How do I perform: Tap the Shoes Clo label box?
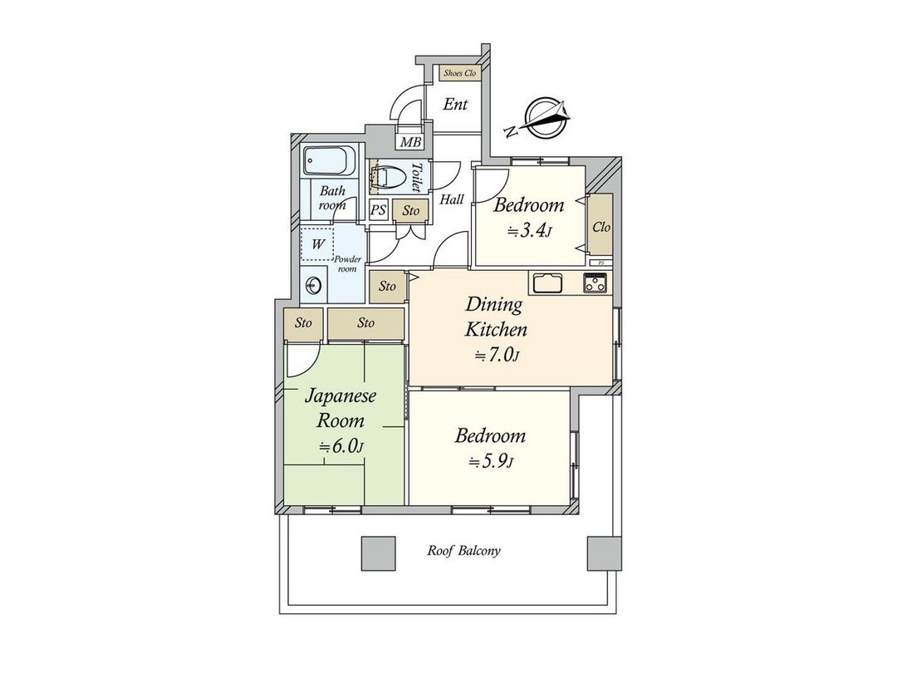[459, 73]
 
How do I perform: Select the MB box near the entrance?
[410, 142]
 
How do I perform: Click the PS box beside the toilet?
[378, 211]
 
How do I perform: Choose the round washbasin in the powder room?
[313, 285]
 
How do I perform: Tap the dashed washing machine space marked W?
[317, 244]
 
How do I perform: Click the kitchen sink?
[548, 282]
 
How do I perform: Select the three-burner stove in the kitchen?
[595, 282]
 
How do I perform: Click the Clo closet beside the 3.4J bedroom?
[601, 226]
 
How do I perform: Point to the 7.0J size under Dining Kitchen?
[497, 356]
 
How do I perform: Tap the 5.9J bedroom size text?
[490, 461]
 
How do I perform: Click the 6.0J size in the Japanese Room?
[341, 446]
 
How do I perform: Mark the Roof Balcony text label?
[463, 551]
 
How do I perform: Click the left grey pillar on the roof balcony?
[378, 553]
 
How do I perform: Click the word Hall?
[452, 199]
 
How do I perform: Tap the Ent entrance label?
[454, 105]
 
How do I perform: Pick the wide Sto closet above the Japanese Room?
[365, 323]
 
